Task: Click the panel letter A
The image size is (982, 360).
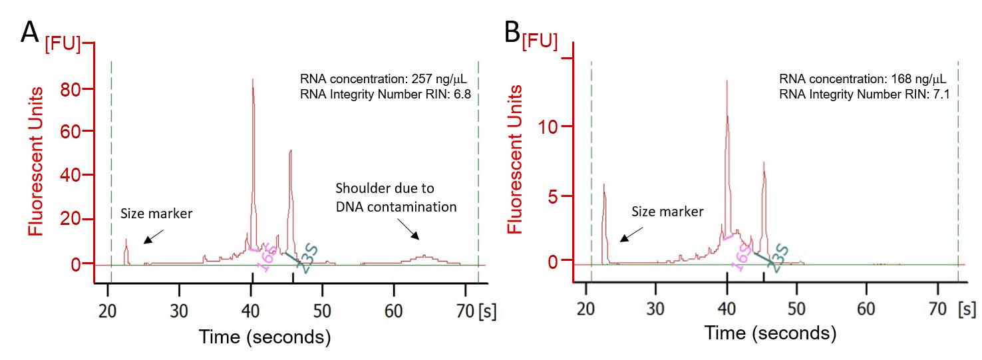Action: [x=29, y=31]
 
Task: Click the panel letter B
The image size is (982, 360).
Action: [x=512, y=31]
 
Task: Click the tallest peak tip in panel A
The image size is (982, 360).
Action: [x=253, y=81]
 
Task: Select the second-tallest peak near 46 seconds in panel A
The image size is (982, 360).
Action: [x=291, y=152]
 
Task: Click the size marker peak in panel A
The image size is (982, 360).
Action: [x=126, y=240]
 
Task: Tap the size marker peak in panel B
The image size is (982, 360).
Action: [x=603, y=186]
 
